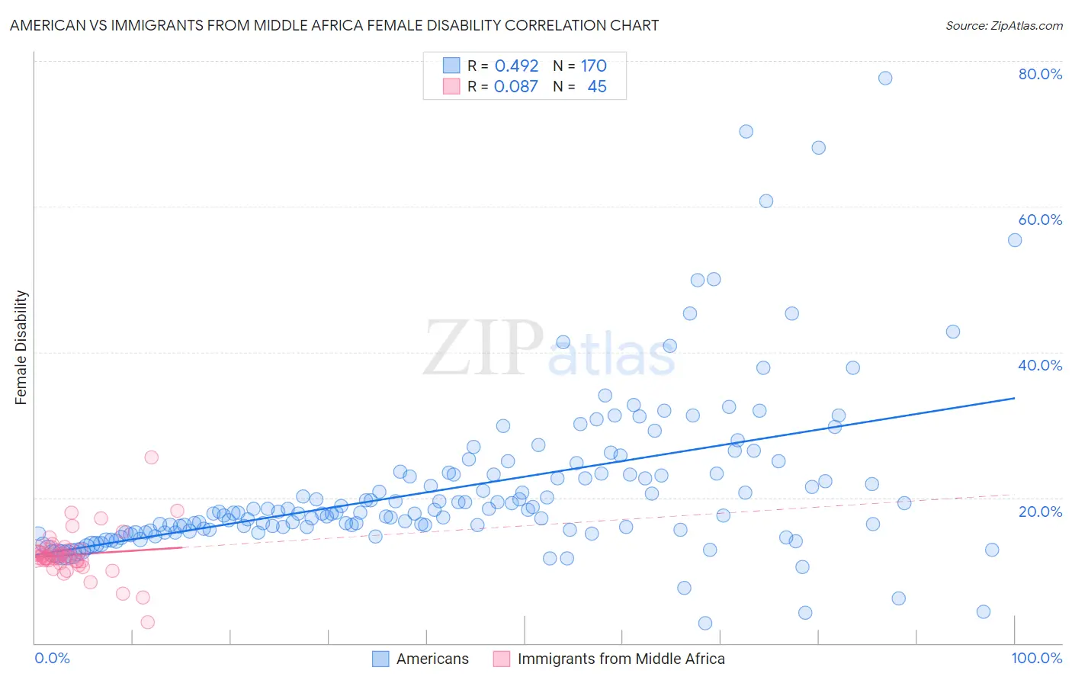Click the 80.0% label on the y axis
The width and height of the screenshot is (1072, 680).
tap(1040, 74)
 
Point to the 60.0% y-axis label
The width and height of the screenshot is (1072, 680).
tap(1040, 220)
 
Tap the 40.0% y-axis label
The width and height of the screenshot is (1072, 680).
tap(1040, 365)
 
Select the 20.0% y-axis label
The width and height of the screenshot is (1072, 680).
tap(1040, 512)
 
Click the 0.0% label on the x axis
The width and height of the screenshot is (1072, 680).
tap(52, 659)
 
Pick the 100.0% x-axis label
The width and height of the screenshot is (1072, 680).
tap(1036, 659)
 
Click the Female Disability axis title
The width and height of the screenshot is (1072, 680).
tap(21, 347)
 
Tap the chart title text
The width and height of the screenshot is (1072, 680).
tap(334, 25)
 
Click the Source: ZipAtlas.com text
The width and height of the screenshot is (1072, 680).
tap(1003, 25)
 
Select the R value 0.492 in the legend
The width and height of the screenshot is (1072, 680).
tap(516, 66)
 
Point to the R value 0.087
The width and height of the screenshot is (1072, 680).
tap(515, 86)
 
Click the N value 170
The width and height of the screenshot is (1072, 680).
tap(593, 66)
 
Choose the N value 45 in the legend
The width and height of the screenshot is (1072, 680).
tap(597, 86)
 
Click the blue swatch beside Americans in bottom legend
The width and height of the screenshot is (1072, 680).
tap(380, 659)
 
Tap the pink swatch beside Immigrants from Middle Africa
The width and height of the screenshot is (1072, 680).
tap(502, 659)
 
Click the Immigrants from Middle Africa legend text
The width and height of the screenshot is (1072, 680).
tap(621, 659)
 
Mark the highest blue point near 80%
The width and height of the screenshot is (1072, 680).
tap(884, 78)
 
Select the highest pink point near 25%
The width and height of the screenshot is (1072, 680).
tap(151, 457)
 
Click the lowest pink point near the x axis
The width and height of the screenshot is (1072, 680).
tap(147, 622)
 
